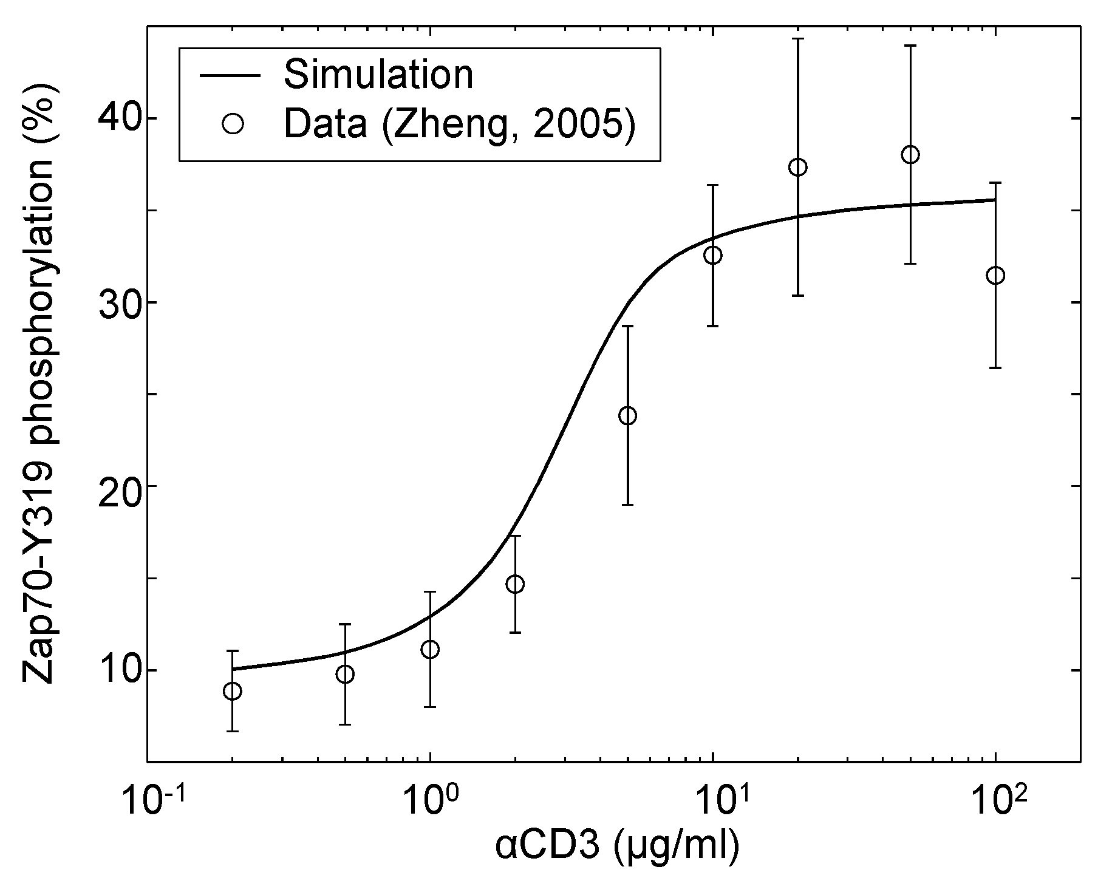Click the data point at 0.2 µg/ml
pyautogui.click(x=232, y=691)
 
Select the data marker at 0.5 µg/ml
pyautogui.click(x=345, y=675)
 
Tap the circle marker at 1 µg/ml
pyautogui.click(x=430, y=650)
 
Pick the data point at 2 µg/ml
pyautogui.click(x=515, y=584)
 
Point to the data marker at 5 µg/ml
pyautogui.click(x=627, y=416)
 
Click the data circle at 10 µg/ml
pyautogui.click(x=713, y=255)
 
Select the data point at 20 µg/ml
pyautogui.click(x=798, y=167)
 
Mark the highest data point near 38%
pyautogui.click(x=910, y=155)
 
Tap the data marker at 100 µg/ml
pyautogui.click(x=995, y=276)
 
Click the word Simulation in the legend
pyautogui.click(x=378, y=75)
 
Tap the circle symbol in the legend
pyautogui.click(x=233, y=124)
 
